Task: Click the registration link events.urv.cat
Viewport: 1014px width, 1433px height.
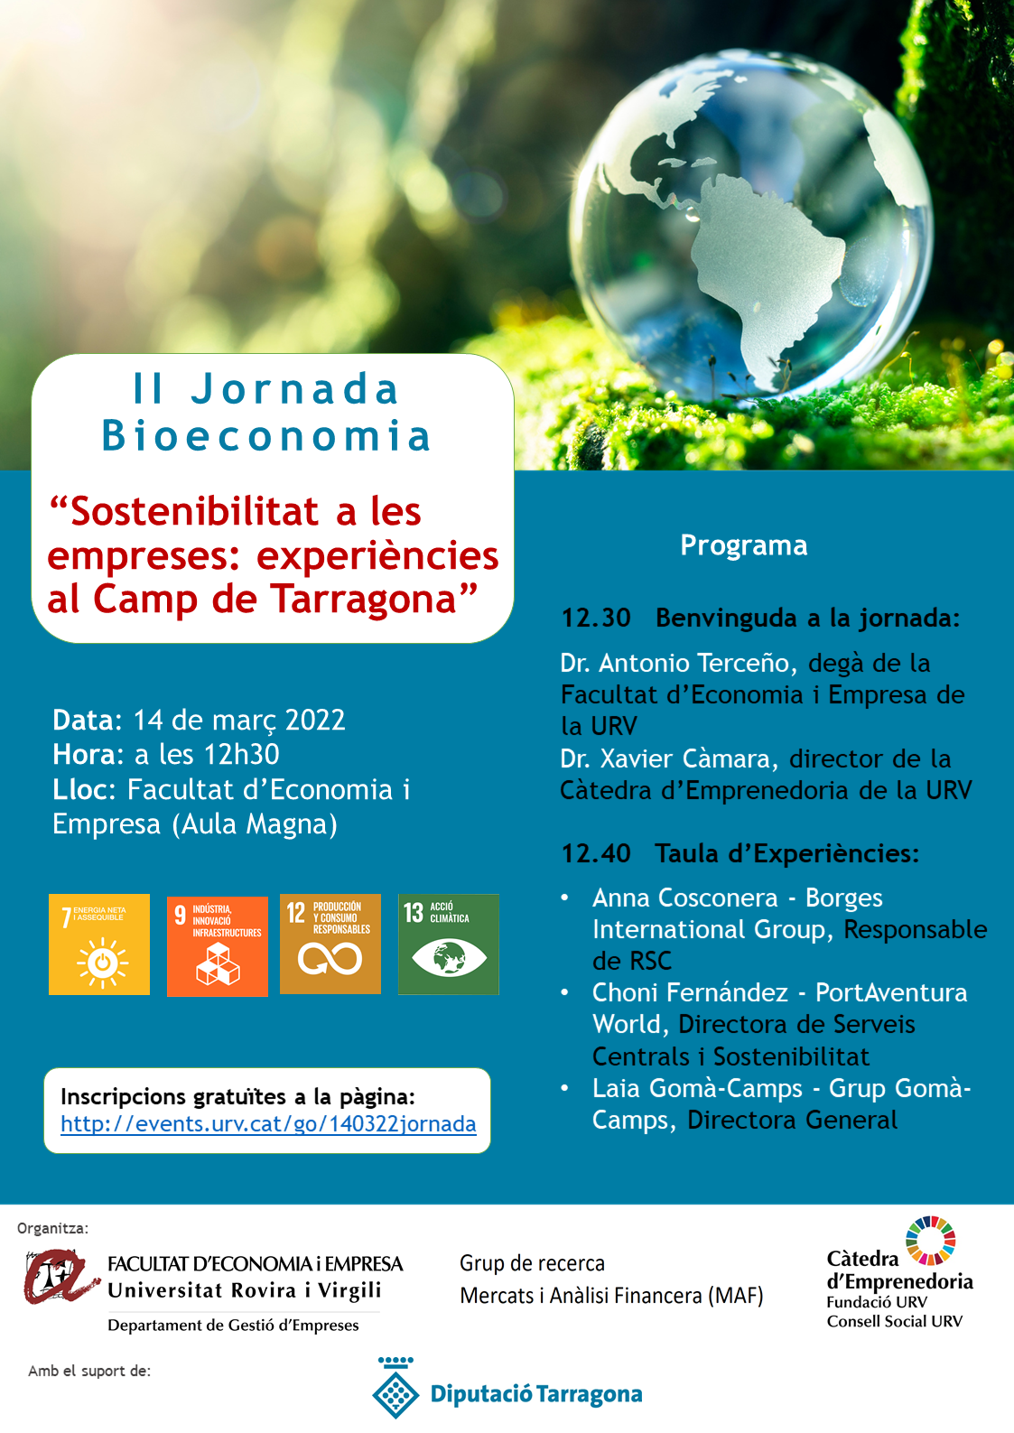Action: pos(268,1124)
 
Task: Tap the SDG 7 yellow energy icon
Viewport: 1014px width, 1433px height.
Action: pos(99,944)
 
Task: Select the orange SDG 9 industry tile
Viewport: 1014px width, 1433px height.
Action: pos(218,946)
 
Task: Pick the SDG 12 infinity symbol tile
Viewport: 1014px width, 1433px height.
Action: pos(330,944)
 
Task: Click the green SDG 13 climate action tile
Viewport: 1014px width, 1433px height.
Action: pos(449,944)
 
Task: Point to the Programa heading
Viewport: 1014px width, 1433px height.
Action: pos(743,545)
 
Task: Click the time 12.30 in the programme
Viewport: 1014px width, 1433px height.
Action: pos(596,618)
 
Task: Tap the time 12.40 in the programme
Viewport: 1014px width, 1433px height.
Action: pos(596,853)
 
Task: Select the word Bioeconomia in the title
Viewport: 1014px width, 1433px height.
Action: pos(266,435)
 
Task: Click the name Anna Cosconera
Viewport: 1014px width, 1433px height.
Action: pos(684,898)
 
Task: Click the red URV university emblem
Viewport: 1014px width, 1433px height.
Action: pos(60,1277)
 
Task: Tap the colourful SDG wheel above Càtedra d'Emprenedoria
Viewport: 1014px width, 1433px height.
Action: pos(931,1241)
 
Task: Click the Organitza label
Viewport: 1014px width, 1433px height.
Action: pos(52,1228)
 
